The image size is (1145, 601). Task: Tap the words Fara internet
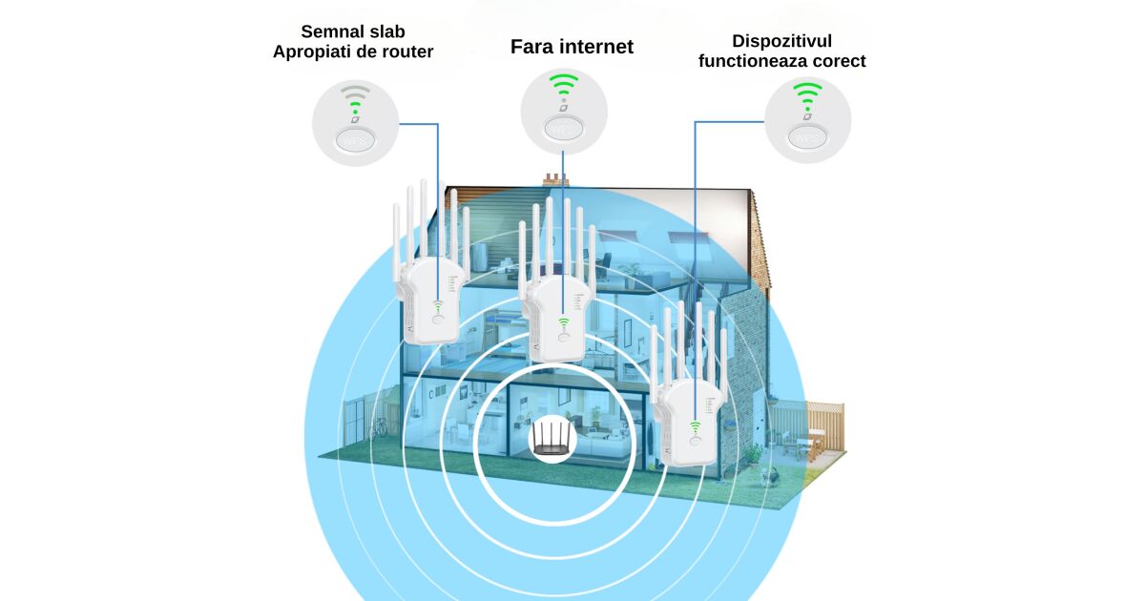[572, 47]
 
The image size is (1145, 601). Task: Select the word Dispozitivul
[782, 41]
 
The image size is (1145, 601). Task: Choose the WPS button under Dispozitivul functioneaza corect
[807, 139]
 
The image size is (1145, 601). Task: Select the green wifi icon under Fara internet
[564, 85]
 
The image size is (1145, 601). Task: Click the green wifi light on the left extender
[438, 306]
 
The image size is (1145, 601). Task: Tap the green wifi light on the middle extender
[563, 323]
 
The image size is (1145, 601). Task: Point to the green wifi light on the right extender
[695, 427]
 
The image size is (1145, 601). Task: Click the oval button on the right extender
[695, 443]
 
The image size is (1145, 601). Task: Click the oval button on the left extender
[438, 321]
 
